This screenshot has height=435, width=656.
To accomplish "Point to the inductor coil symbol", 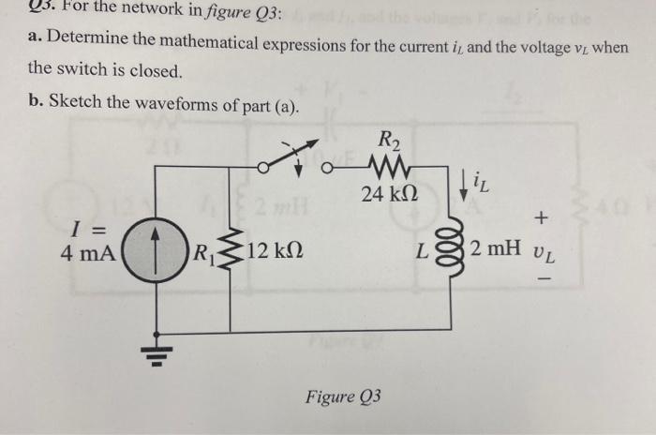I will [456, 251].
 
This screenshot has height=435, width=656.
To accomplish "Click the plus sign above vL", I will [541, 218].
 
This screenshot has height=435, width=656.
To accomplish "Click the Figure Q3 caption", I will [343, 397].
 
